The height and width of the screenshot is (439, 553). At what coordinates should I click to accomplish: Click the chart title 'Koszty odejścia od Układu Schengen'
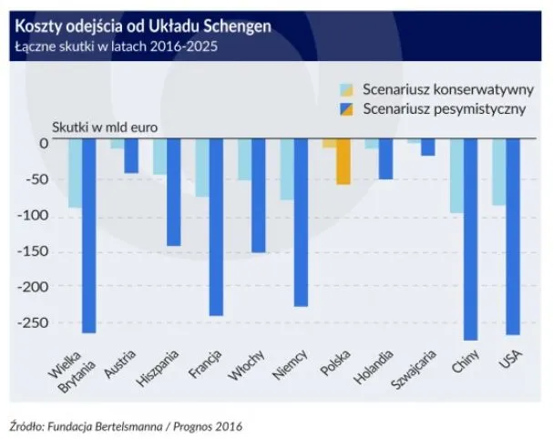point(142,26)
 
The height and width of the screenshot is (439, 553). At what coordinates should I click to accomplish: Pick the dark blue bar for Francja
point(216,227)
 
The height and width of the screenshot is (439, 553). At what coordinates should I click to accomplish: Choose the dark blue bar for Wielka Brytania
point(89,236)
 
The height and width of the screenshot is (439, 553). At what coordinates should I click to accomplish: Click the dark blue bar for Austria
point(131,156)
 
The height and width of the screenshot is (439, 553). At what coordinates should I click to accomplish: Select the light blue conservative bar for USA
point(498,172)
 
